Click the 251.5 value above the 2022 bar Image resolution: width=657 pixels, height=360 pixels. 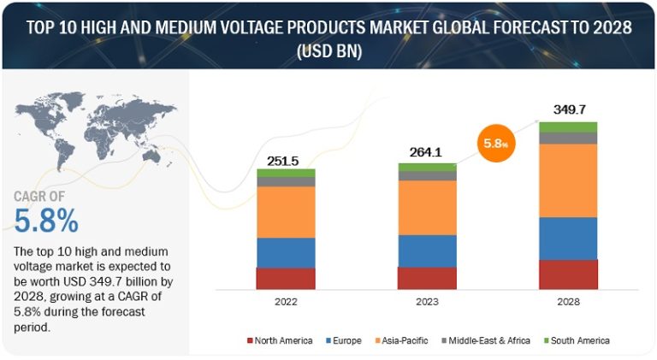tap(286, 161)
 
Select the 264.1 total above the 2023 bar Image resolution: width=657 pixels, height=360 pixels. tap(427, 155)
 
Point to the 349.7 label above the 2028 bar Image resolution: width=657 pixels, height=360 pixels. tap(568, 110)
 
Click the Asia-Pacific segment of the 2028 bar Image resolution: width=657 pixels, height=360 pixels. tap(568, 180)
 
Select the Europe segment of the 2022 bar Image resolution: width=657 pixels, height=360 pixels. tap(286, 252)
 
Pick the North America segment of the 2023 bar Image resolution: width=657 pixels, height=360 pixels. tap(427, 278)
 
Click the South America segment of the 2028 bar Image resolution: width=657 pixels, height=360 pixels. tap(568, 127)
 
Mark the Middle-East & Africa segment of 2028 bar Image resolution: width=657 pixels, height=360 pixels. tap(568, 138)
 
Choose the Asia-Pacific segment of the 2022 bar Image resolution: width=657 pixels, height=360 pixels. tap(286, 212)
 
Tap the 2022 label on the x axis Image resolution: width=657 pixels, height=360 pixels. tap(286, 301)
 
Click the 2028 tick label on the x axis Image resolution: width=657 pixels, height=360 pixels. tap(568, 301)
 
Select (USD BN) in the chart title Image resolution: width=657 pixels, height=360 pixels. tap(329, 50)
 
